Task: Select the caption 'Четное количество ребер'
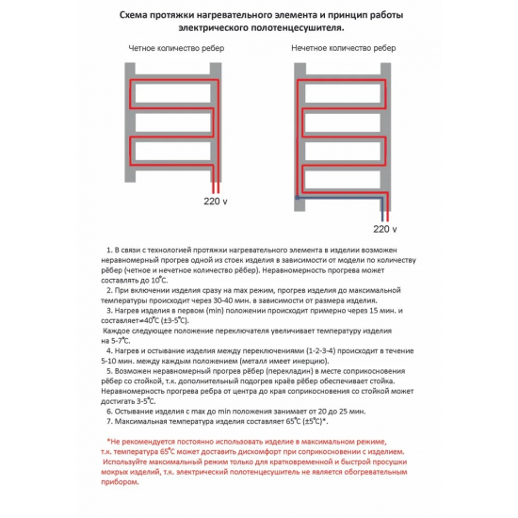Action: [176, 48]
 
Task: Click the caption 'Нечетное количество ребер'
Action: [344, 48]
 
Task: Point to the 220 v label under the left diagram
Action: [216, 202]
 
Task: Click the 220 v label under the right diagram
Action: [385, 229]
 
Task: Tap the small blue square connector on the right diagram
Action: [298, 198]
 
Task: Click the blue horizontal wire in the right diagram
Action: [340, 198]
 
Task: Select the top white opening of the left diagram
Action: [172, 93]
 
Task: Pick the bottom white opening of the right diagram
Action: [343, 179]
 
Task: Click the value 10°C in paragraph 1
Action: [159, 280]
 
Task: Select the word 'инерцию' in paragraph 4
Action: [310, 361]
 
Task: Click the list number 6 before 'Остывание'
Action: [109, 412]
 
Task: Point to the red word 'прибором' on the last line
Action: [120, 482]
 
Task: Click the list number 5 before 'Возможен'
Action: [109, 371]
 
